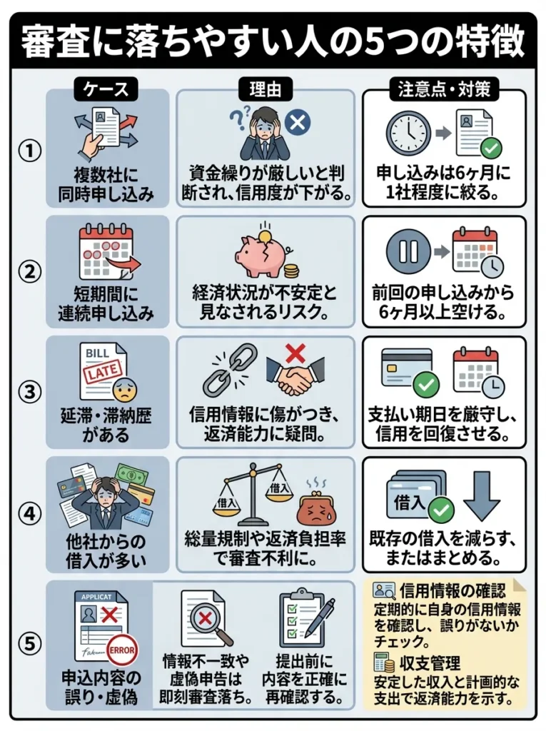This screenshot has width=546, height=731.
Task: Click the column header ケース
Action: point(106,90)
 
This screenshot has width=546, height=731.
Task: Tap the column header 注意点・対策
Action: point(443,90)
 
